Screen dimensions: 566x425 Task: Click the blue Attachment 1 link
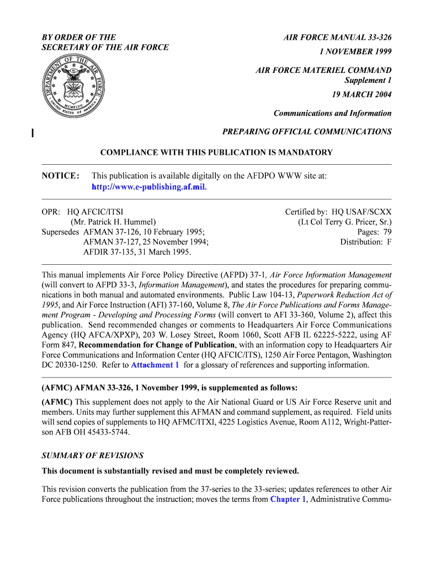pos(155,365)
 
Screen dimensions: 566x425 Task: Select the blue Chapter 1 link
pos(288,499)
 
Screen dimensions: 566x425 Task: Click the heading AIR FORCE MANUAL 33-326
pos(337,38)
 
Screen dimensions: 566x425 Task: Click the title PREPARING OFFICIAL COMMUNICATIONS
pos(306,132)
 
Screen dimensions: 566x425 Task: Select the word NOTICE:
pos(61,176)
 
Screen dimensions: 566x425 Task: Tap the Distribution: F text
pos(365,242)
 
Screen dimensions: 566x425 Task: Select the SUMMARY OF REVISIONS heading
pos(93,456)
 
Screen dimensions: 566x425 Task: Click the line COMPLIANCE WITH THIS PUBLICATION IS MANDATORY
pos(216,153)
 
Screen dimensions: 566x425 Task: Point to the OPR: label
pos(52,212)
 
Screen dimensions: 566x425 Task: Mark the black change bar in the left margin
pos(33,132)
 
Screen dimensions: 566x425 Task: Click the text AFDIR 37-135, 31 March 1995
pos(137,252)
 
